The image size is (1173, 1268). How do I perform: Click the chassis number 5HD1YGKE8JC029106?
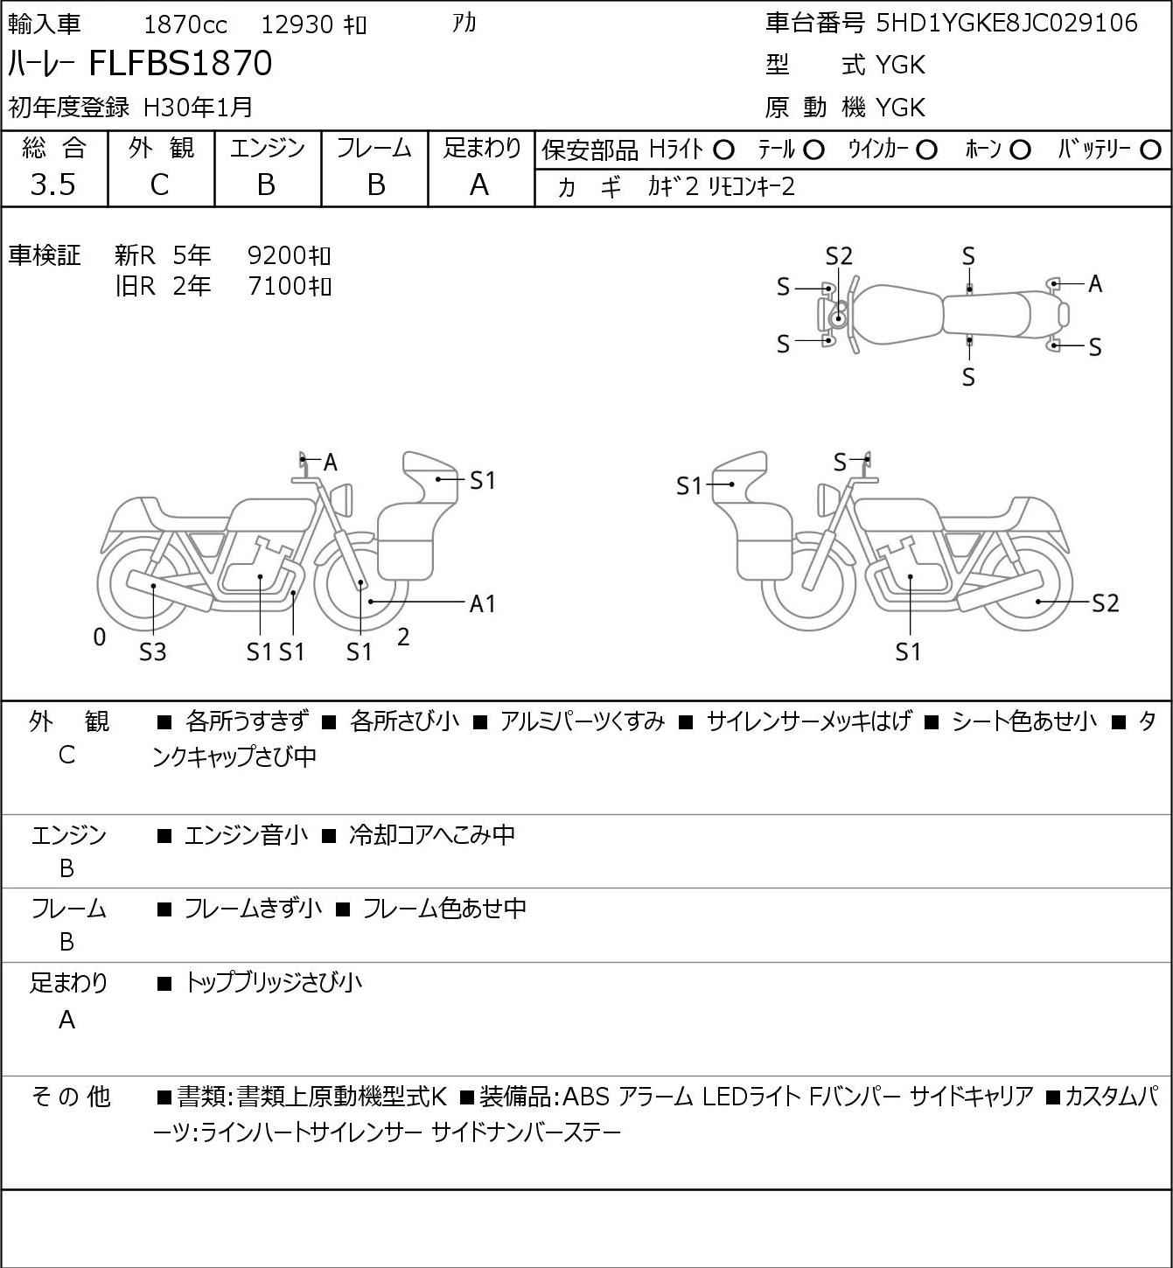(1006, 24)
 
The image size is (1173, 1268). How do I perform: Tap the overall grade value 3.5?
(53, 185)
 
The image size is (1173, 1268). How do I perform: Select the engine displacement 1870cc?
(185, 24)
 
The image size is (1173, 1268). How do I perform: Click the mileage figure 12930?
(297, 24)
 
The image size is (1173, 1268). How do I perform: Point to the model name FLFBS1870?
(180, 63)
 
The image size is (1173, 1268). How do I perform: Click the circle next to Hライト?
(723, 150)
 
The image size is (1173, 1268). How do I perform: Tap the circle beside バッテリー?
(1150, 150)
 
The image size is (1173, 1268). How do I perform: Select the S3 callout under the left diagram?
(153, 651)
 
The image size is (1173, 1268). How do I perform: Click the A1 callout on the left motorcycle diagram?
(482, 603)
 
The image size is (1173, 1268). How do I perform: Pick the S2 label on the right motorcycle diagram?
(1106, 603)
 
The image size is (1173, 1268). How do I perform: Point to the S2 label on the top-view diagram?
(839, 256)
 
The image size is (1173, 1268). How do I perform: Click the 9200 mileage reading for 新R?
(276, 255)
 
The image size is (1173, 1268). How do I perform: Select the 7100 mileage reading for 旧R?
(276, 286)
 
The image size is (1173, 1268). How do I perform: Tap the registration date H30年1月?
(198, 108)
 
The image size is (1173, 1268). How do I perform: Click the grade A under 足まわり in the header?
(479, 185)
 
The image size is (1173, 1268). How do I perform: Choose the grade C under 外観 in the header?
(160, 185)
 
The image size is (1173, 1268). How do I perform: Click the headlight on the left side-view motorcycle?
(342, 500)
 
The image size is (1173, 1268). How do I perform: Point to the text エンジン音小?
(246, 835)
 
